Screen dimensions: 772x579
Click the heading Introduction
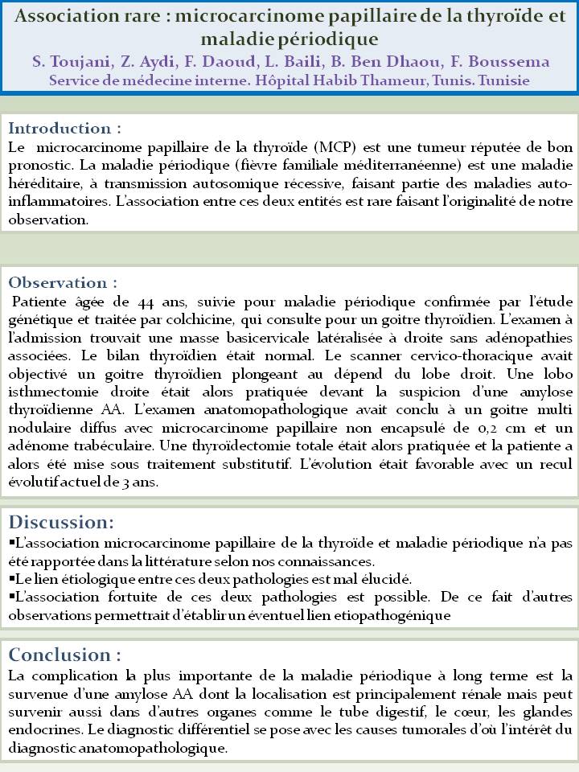64,129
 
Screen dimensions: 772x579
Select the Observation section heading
63,283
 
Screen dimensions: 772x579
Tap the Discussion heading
61,523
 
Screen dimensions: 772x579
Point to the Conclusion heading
65,653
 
